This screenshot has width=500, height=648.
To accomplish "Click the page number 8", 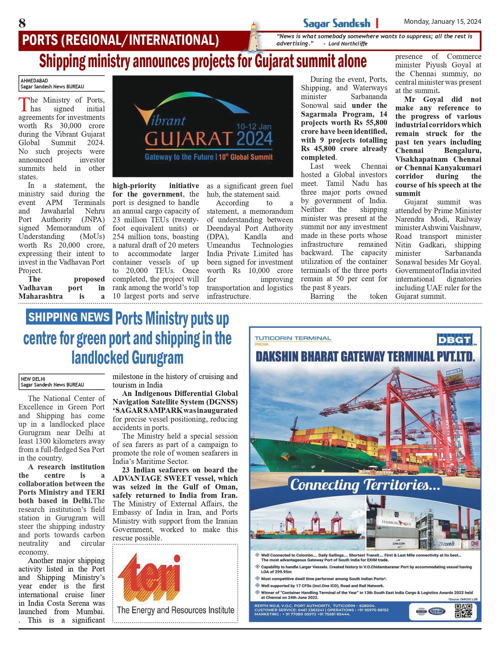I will [22, 23].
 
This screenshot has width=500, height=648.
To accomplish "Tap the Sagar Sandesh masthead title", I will [336, 24].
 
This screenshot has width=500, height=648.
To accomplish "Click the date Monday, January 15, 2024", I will [442, 22].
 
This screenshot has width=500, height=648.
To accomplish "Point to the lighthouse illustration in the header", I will [254, 37].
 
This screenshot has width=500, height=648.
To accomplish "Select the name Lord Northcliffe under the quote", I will [348, 44].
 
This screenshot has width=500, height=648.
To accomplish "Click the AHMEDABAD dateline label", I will [34, 81].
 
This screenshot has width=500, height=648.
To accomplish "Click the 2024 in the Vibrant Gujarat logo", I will [254, 139].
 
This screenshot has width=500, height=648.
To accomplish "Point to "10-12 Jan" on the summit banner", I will [254, 126].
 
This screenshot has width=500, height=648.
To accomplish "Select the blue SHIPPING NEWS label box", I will [69, 317].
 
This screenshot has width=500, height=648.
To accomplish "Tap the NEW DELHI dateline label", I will [33, 379].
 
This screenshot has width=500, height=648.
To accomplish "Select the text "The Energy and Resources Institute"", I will [175, 610].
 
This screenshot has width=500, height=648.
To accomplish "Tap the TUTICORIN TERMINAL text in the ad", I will [293, 338].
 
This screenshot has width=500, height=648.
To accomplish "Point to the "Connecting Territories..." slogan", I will [365, 485].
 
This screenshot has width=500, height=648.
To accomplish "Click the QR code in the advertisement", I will [463, 611].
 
